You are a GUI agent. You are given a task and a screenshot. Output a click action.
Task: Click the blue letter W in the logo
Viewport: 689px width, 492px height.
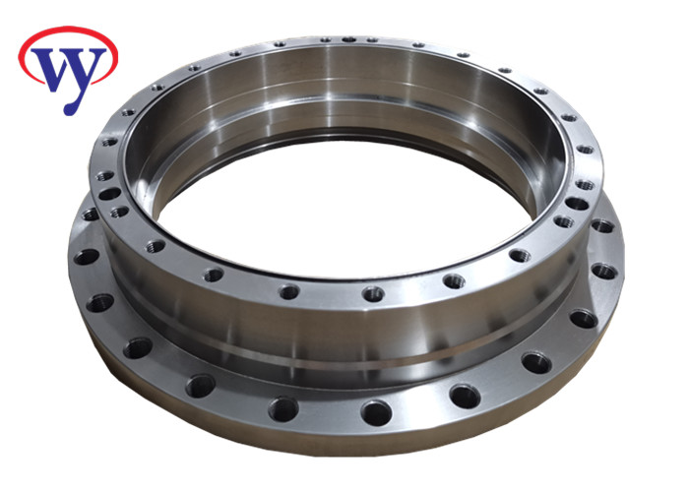point(53,66)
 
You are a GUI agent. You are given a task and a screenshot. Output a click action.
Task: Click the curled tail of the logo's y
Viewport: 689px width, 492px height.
point(71,107)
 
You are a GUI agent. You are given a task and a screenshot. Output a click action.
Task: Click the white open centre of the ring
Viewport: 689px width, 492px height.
point(343,211)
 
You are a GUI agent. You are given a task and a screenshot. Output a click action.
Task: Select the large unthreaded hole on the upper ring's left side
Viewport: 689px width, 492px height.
point(109,193)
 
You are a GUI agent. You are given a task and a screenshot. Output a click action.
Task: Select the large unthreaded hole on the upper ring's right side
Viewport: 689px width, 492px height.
point(577,204)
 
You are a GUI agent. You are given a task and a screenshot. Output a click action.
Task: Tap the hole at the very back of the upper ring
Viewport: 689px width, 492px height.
point(349,39)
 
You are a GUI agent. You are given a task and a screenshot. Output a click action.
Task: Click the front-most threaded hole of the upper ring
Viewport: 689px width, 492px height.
point(373,293)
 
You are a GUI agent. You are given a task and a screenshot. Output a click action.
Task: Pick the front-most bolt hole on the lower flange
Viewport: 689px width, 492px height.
point(376,413)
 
